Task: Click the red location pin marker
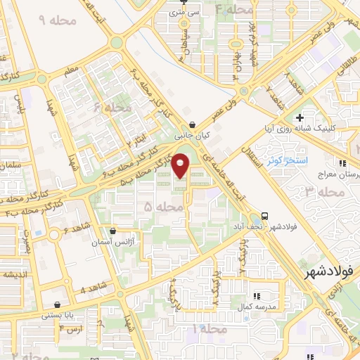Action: click(x=181, y=165)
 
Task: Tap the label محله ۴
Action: click(x=234, y=10)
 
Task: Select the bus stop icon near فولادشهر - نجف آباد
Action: click(x=265, y=215)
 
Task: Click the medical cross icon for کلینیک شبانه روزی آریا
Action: click(x=300, y=117)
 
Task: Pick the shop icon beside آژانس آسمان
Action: click(x=113, y=230)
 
